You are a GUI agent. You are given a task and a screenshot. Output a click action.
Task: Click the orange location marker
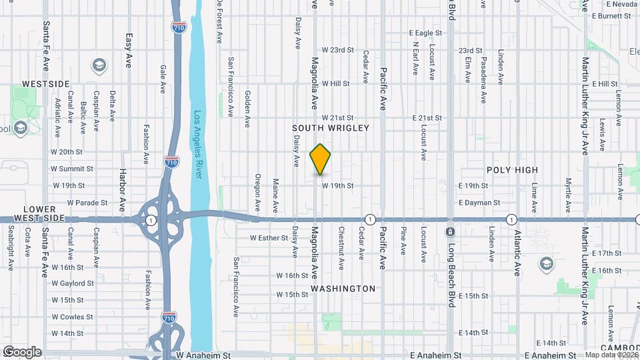tap(321, 159)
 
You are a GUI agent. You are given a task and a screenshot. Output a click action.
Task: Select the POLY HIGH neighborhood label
tap(512, 170)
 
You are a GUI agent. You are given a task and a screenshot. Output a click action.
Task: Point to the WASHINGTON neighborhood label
tap(343, 289)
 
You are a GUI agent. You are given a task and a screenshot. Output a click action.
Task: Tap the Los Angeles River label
tap(198, 143)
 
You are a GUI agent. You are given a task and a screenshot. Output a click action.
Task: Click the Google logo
tap(21, 351)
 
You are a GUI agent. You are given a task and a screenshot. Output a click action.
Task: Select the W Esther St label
tap(269, 237)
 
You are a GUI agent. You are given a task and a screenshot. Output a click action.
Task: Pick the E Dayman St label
tap(479, 202)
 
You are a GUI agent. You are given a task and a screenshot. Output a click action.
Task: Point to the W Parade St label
tap(81, 203)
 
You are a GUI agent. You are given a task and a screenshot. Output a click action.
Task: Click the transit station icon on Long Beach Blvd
tap(450, 232)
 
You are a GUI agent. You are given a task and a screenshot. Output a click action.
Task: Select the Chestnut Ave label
tap(341, 249)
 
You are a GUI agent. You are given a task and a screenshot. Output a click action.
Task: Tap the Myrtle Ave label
tap(569, 187)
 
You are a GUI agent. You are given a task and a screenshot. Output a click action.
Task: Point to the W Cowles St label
tap(77, 317)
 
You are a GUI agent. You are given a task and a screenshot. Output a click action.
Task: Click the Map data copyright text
tap(609, 355)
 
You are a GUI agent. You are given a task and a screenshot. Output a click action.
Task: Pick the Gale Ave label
tap(163, 78)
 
